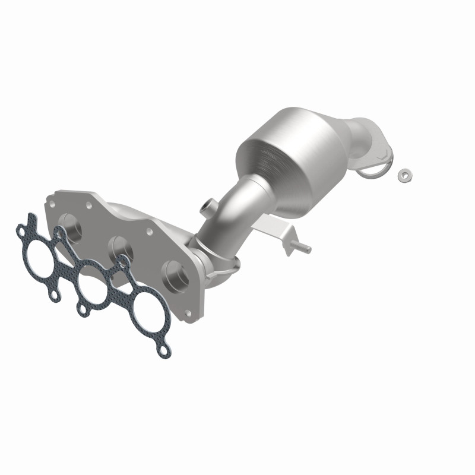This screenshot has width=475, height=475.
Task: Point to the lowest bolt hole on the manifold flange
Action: (x=188, y=313)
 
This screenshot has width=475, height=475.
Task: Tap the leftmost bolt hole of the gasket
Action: (x=22, y=227)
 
